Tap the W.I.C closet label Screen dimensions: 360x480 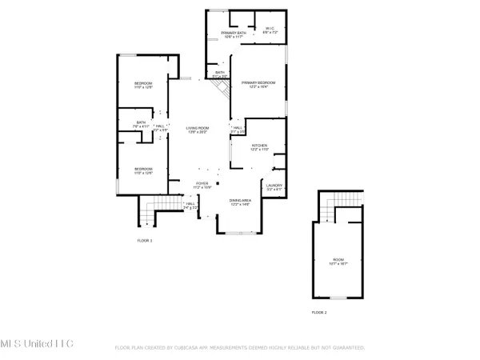point(270,30)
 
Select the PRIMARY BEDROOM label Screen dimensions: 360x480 point(258,84)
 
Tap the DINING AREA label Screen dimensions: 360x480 point(241,202)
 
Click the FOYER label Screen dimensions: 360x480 point(203,184)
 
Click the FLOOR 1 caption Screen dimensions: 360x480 point(144,240)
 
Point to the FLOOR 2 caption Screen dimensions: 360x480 point(319,312)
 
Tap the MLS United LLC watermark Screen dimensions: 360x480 point(37,343)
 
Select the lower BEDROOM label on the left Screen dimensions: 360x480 point(143,170)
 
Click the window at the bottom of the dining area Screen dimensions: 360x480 point(239,233)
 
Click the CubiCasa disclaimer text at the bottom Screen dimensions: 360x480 point(240,348)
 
